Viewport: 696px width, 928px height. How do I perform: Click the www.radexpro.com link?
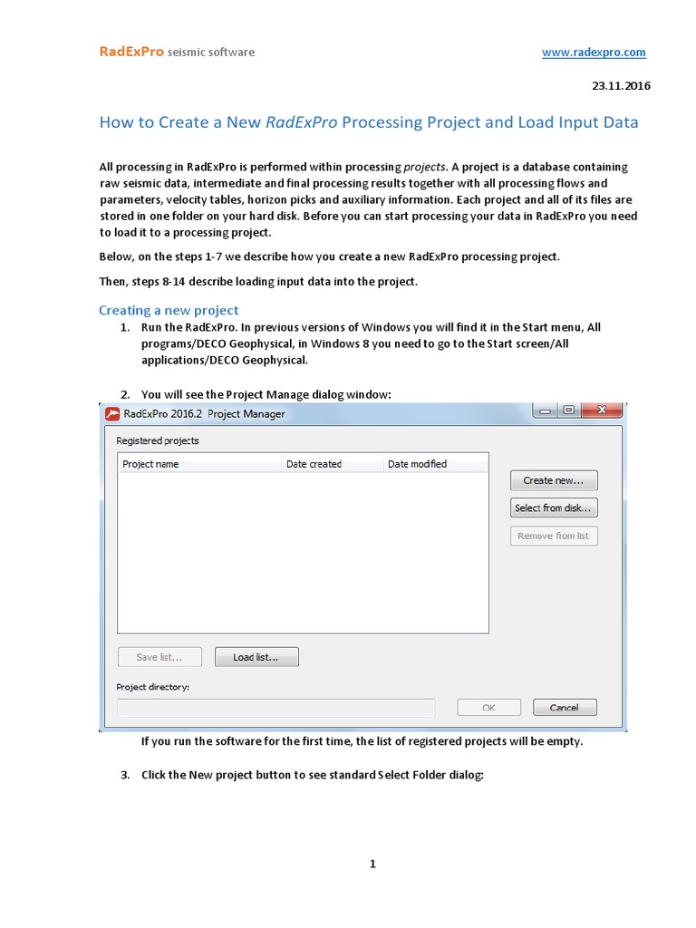click(x=594, y=53)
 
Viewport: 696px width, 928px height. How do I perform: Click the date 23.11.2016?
click(x=621, y=86)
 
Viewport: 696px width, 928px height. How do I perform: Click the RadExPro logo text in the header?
click(x=131, y=53)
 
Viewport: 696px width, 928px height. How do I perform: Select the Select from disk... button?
click(x=554, y=508)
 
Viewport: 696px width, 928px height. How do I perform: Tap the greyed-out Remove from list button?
click(x=554, y=536)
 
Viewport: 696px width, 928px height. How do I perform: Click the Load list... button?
click(x=256, y=657)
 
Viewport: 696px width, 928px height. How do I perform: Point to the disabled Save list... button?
click(x=159, y=657)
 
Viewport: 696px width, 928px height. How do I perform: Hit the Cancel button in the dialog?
click(x=564, y=708)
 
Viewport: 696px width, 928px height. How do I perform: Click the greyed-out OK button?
click(x=488, y=708)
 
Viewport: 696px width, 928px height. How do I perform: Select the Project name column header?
click(x=151, y=464)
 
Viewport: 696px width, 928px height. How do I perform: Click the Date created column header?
click(x=314, y=464)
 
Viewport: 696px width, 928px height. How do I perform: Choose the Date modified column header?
click(x=417, y=464)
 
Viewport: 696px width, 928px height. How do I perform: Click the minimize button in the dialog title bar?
click(x=545, y=411)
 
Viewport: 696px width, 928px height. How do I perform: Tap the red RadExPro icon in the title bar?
click(x=113, y=414)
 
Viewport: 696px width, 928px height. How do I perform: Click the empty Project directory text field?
click(x=275, y=708)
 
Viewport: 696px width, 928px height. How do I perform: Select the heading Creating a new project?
click(x=169, y=310)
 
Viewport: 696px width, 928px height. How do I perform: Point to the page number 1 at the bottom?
click(x=372, y=864)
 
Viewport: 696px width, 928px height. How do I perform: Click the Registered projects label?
click(x=158, y=440)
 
